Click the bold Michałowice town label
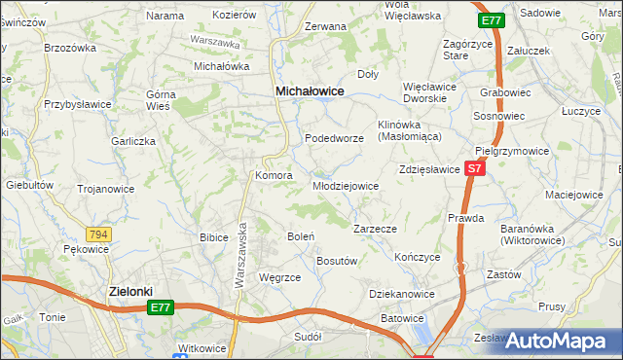pos(310,90)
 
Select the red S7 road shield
pos(473,168)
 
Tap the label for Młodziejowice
pos(346,186)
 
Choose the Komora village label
pos(274,176)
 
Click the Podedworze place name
pos(335,139)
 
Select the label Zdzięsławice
pos(428,169)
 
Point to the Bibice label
pos(214,236)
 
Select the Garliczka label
pos(133,141)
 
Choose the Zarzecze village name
pos(375,229)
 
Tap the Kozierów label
pos(234,16)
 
